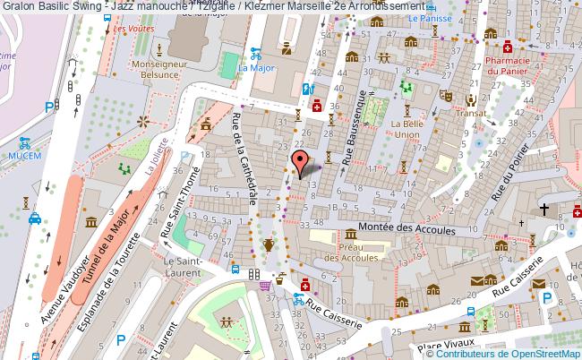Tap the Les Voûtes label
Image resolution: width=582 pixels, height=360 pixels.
[134, 29]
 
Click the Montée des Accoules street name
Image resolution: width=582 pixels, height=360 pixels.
[407, 230]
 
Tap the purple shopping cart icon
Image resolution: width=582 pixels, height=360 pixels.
[265, 287]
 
